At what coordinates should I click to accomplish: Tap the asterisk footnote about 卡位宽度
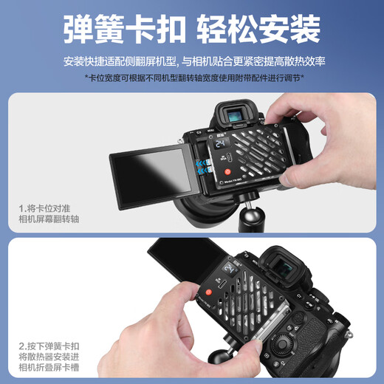click(194, 77)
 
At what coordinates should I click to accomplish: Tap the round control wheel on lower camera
click(284, 346)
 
